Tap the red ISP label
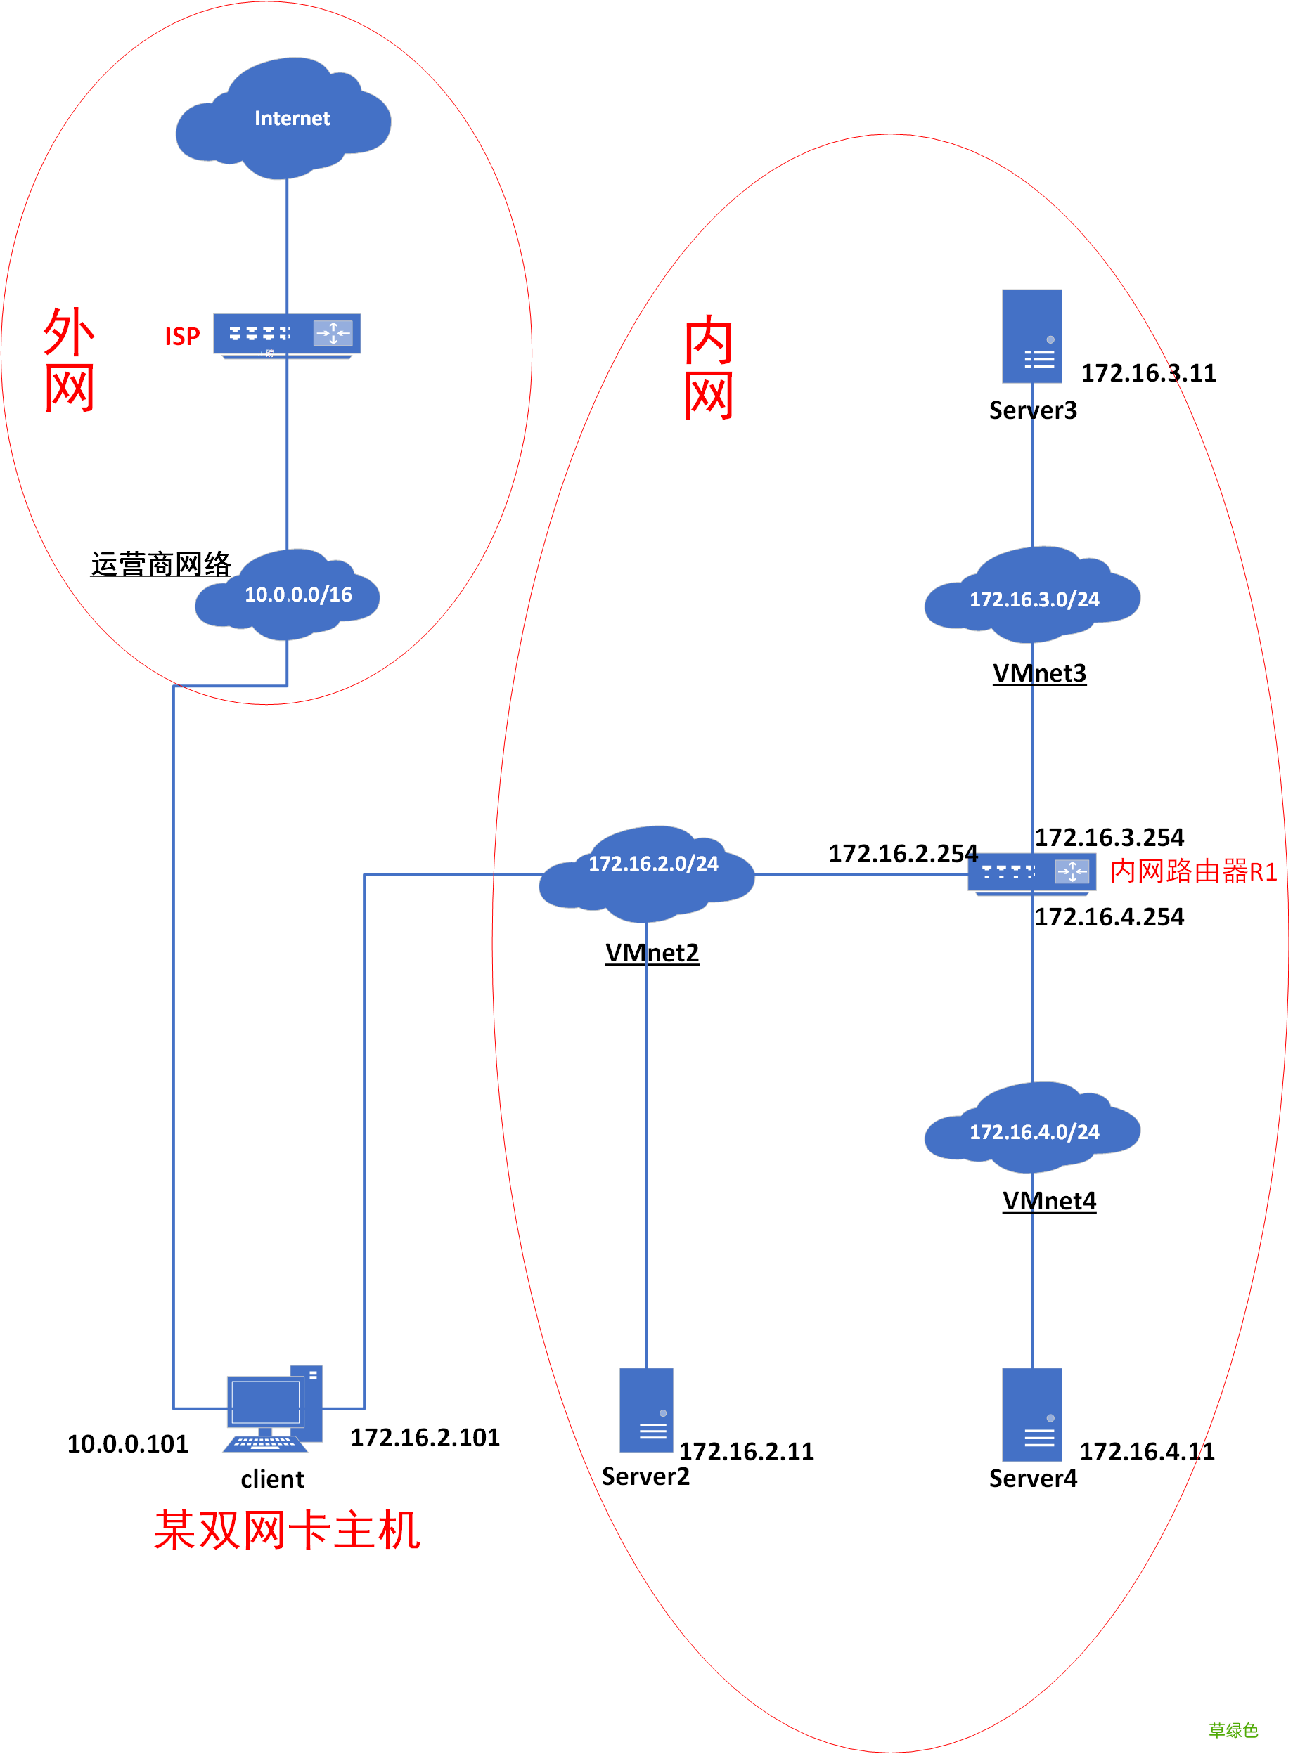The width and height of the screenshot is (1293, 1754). [x=182, y=337]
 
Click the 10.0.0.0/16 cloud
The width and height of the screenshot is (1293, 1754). [x=288, y=595]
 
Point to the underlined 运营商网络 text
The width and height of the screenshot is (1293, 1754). [x=160, y=564]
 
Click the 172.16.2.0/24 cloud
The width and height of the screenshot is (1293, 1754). [x=647, y=872]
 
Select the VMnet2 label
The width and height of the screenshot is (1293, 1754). [x=651, y=952]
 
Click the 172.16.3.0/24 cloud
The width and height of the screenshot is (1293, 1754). [x=1031, y=599]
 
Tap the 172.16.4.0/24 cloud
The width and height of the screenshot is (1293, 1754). [x=1031, y=1131]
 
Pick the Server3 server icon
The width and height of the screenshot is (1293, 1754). [x=1031, y=337]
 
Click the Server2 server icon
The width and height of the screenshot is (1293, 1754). [x=645, y=1410]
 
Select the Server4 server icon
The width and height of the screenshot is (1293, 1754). [x=1031, y=1414]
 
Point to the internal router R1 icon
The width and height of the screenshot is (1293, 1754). [x=1031, y=872]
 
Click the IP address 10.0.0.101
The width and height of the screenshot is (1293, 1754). [x=127, y=1443]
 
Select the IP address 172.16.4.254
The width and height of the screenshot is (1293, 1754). [x=1108, y=916]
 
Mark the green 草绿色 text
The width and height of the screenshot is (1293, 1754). [x=1232, y=1729]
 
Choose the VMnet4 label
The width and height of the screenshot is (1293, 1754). [x=1049, y=1200]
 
